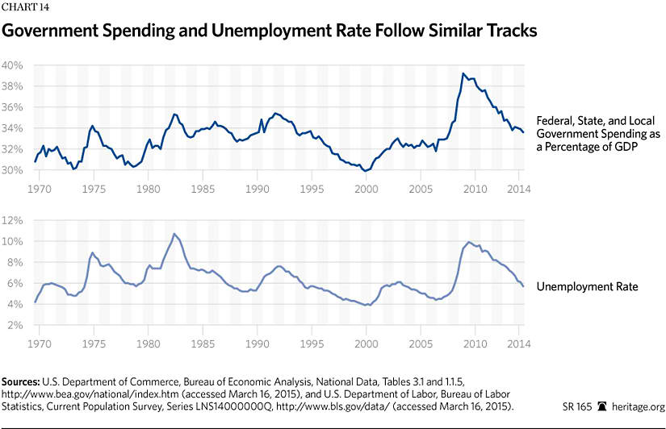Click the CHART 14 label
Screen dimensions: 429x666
coord(25,8)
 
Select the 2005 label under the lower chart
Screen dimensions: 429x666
coord(421,344)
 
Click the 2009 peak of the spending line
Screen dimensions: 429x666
coord(463,73)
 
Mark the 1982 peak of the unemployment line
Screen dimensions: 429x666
coord(173,234)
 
